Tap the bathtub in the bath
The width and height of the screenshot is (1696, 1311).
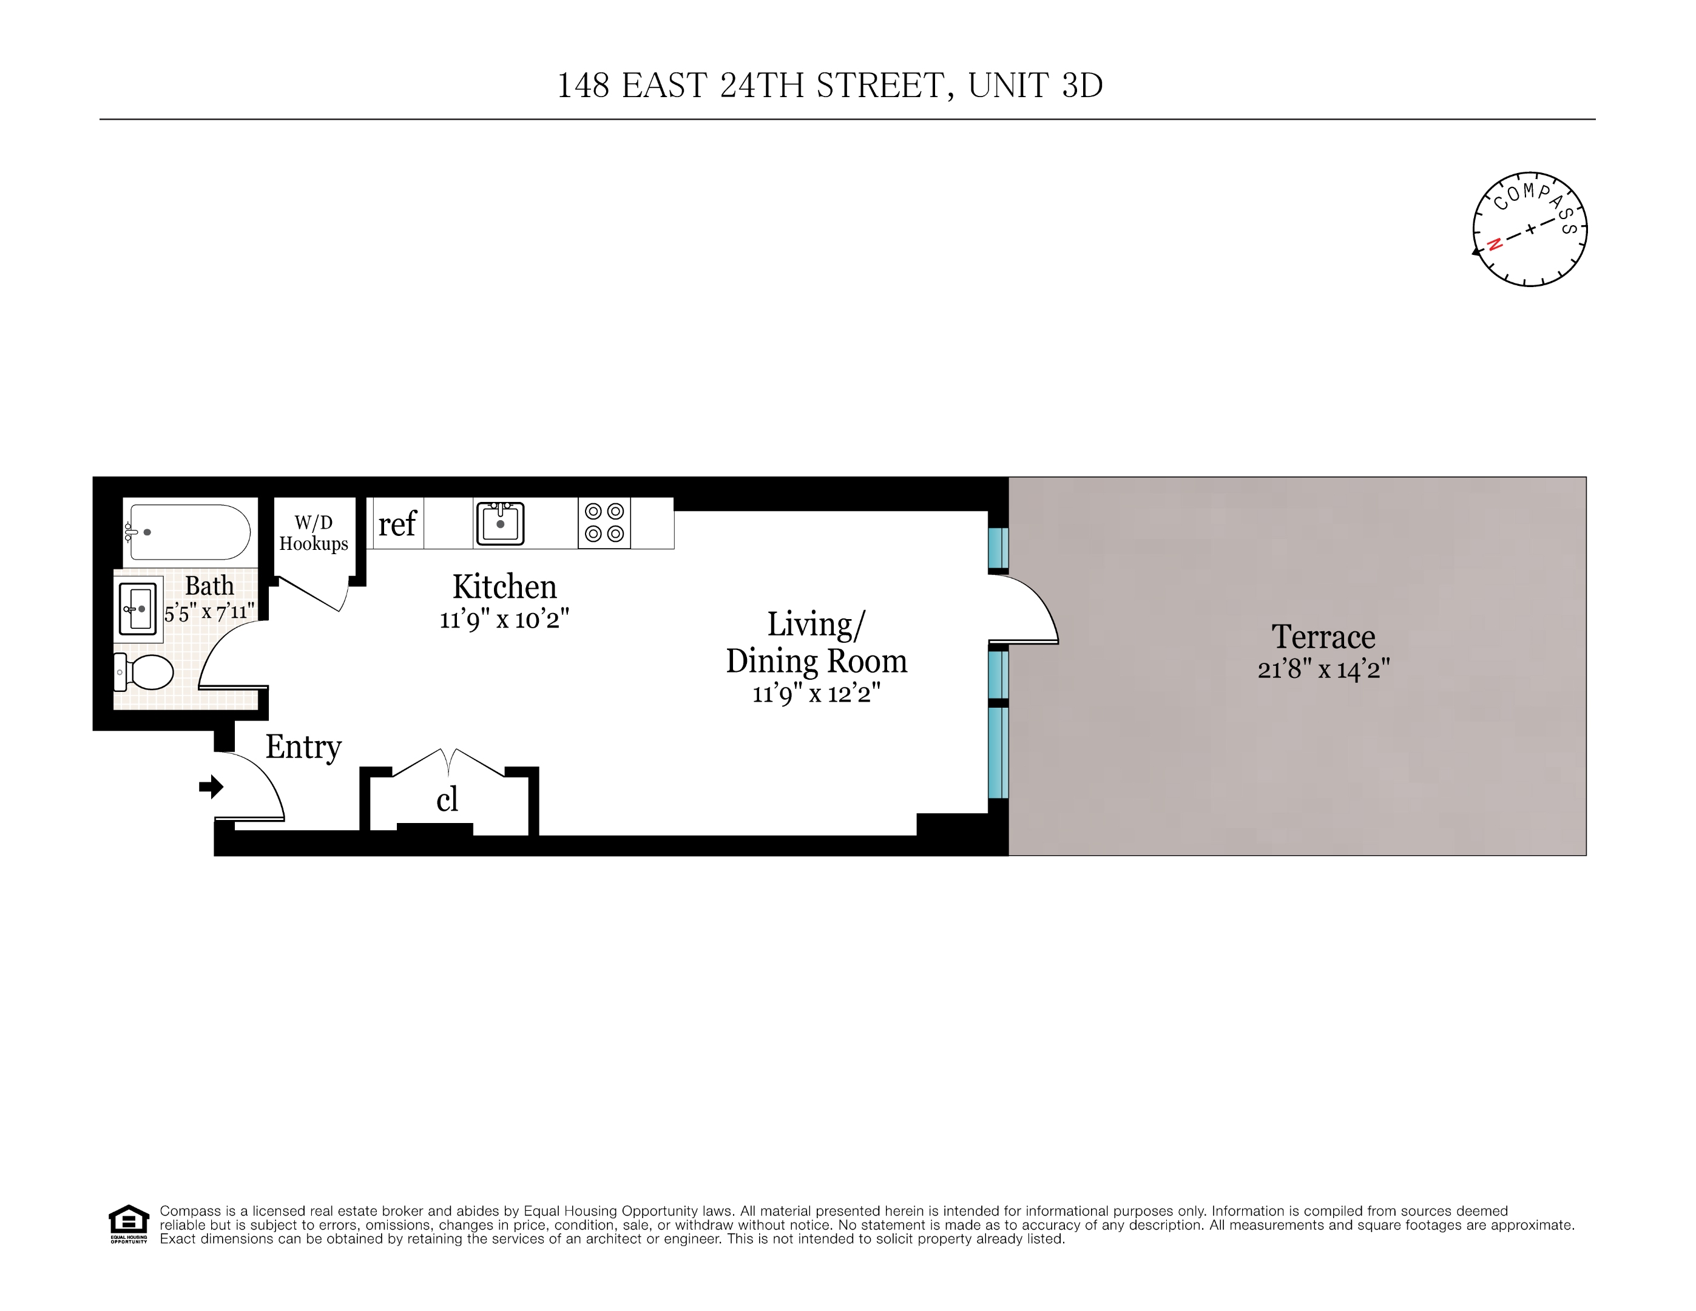189,532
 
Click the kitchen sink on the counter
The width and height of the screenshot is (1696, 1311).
500,523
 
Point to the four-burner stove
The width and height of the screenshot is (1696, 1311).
604,523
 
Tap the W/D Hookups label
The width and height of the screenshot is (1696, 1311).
314,534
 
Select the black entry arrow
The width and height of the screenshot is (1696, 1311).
211,787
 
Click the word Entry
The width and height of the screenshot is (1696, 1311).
303,747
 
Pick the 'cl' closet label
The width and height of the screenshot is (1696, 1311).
447,799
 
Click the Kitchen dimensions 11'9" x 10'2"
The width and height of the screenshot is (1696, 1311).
504,620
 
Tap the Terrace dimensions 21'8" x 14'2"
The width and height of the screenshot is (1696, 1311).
1323,669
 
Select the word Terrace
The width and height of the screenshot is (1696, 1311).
1323,637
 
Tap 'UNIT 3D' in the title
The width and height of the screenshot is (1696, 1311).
1035,86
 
